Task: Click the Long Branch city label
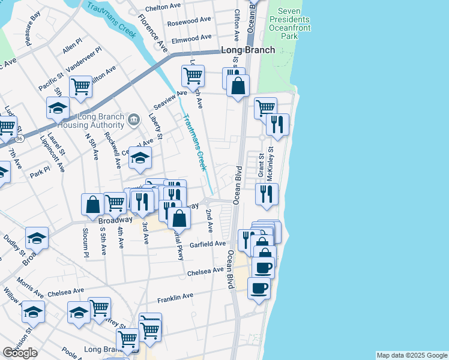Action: pos(248,50)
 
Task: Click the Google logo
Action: pos(20,353)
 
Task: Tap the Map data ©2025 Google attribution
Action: pos(412,355)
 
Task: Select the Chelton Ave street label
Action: pos(163,6)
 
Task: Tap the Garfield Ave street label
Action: pos(207,244)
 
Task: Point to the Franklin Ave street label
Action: pos(175,296)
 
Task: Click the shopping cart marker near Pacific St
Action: pos(80,86)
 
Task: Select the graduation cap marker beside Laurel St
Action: pos(58,108)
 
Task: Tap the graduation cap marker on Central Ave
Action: pos(140,157)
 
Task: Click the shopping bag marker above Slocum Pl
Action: pos(93,204)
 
